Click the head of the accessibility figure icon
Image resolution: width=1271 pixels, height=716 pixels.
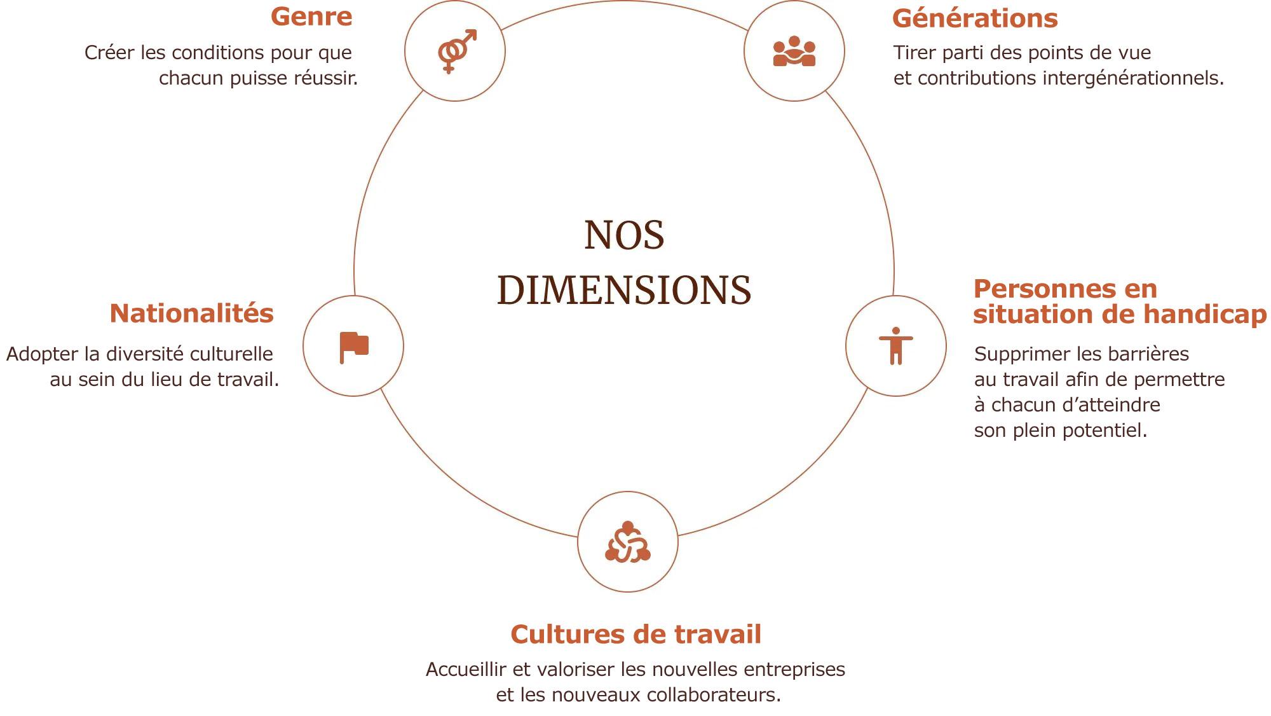coord(896,331)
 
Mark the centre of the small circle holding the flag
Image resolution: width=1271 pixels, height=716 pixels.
coord(353,346)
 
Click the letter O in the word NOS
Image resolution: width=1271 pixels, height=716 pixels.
coord(625,235)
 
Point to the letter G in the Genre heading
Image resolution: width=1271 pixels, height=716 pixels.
coord(282,17)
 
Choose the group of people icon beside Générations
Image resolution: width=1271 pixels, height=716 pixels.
coord(794,51)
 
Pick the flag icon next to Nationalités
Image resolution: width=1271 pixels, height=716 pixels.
coord(354,348)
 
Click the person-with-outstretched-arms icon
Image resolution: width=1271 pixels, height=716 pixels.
coord(896,346)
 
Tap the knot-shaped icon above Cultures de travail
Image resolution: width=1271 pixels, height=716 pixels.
coord(628,542)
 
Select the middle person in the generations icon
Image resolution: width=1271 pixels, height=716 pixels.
coord(794,46)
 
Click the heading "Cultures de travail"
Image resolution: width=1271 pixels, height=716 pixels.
coord(635,634)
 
